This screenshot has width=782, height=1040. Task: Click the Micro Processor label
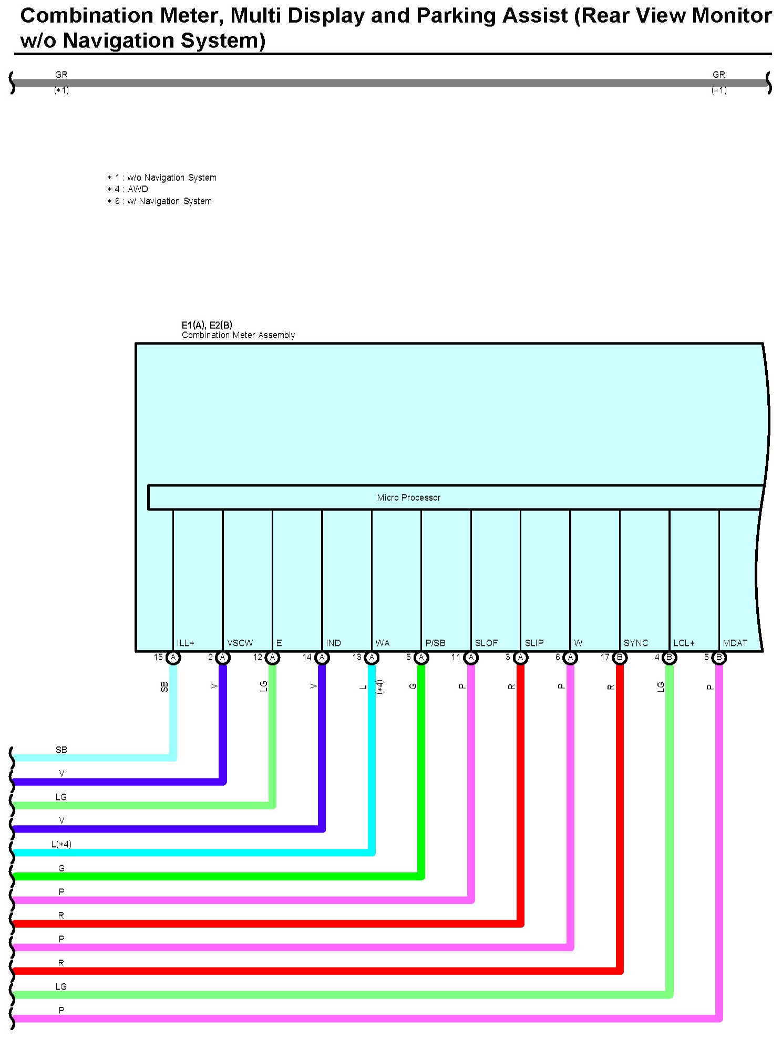click(x=408, y=497)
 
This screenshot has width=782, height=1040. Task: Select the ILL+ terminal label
click(x=186, y=643)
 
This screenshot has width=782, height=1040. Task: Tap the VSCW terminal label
click(x=240, y=643)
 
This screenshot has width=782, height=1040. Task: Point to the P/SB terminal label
click(x=435, y=643)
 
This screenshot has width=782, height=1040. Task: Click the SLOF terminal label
click(x=486, y=643)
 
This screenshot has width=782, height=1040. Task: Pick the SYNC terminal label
click(x=636, y=643)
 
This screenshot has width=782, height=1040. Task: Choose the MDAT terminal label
click(x=735, y=643)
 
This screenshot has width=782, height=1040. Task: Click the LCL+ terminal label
click(x=684, y=643)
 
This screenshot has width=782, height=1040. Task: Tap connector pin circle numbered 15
click(x=173, y=657)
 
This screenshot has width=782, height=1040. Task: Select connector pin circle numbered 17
click(x=620, y=657)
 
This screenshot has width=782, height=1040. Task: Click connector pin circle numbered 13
click(x=372, y=657)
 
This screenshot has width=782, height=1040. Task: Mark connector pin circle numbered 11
click(x=471, y=657)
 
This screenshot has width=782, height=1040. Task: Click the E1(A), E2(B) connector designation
click(x=207, y=325)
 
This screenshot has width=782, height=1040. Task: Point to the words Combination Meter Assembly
click(x=238, y=335)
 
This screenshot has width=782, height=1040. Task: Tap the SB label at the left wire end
click(x=61, y=750)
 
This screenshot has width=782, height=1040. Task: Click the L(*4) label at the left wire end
click(x=61, y=844)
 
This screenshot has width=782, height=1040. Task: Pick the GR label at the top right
click(x=718, y=75)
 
